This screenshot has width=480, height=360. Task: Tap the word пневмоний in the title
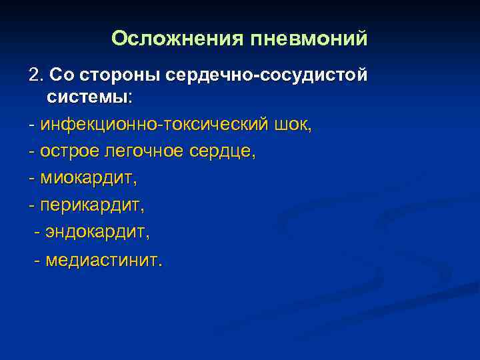pos(309,39)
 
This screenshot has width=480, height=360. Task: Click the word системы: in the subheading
pos(90,97)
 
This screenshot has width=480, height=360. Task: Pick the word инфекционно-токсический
pos(154,125)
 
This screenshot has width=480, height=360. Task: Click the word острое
pos(70,151)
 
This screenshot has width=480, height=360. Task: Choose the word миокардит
pos(86,178)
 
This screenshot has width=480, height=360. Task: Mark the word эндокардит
pos(97,231)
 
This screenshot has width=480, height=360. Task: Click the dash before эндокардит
pos(37,231)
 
